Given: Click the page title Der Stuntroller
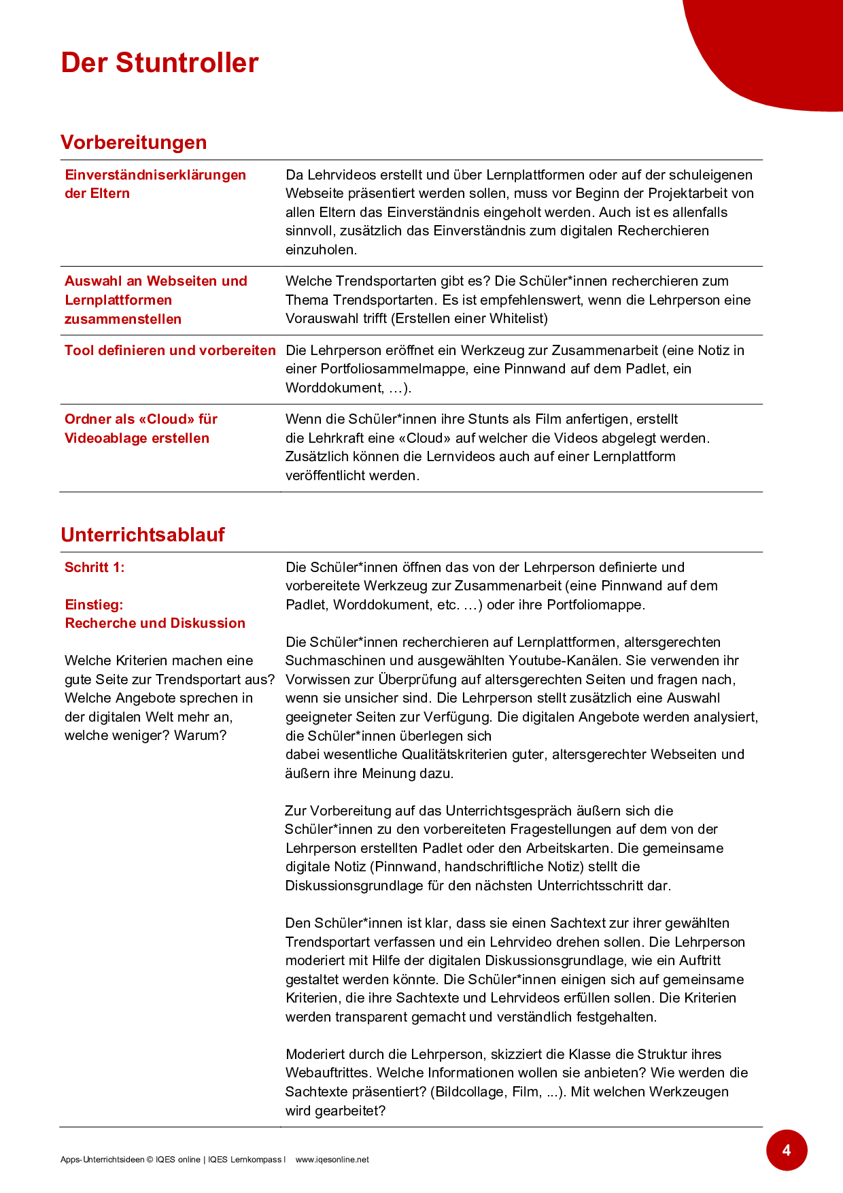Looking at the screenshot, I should (x=160, y=63).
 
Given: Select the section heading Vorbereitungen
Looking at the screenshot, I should (x=133, y=142).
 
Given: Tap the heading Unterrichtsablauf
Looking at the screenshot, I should (x=142, y=535).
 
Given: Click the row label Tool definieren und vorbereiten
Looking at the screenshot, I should (x=170, y=350).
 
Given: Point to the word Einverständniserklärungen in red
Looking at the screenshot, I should (x=155, y=175).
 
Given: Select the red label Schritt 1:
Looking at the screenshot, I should (x=94, y=567).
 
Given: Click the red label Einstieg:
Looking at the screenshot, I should (x=94, y=605).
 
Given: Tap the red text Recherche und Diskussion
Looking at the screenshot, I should (x=155, y=623).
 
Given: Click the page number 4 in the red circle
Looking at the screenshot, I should (x=787, y=1150).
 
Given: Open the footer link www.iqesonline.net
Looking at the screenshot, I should (x=332, y=1160).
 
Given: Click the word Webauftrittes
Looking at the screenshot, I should (x=328, y=1073).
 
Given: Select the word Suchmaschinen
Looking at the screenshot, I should (x=326, y=660).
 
